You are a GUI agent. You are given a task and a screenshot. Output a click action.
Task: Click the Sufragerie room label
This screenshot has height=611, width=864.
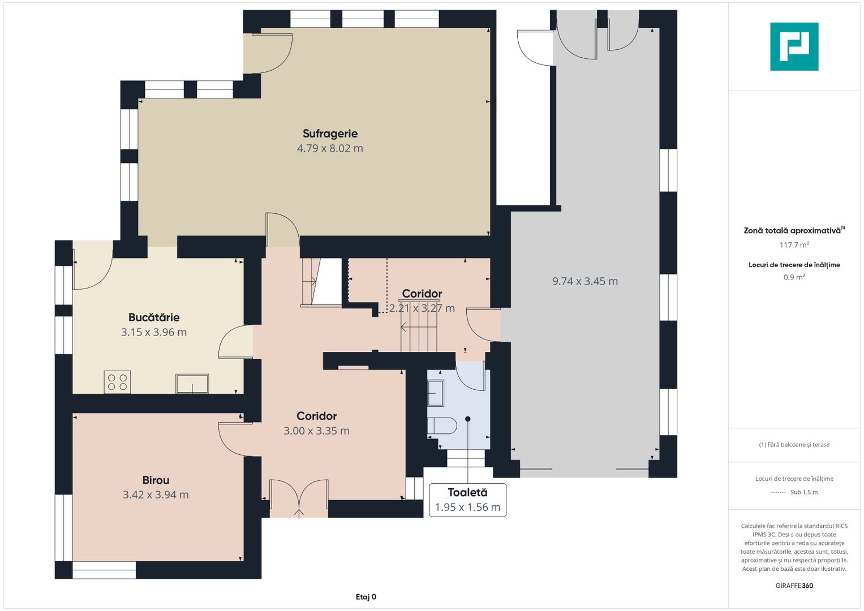click(330, 134)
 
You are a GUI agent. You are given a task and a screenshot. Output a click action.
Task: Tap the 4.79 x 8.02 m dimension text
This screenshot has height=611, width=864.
click(330, 148)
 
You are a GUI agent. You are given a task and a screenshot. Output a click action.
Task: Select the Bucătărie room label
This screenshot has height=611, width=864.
click(154, 317)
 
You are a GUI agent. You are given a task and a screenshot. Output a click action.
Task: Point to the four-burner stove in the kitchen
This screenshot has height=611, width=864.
click(117, 382)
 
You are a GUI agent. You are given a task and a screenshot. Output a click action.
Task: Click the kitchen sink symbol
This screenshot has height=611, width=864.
click(192, 384)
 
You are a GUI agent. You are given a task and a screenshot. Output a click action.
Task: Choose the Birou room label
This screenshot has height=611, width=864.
click(156, 480)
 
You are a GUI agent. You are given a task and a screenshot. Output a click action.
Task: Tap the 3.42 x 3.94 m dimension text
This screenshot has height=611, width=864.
click(156, 494)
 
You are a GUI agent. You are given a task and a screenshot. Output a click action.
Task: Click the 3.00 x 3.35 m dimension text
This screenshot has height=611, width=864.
click(317, 431)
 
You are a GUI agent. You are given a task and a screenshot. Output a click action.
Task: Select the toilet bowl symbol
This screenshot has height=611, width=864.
click(442, 425)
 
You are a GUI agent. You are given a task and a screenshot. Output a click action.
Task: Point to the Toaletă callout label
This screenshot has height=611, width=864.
click(467, 500)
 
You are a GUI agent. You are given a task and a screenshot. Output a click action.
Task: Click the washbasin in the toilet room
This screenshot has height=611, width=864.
click(436, 393)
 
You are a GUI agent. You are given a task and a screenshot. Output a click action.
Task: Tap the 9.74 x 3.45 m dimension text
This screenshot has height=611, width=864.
click(584, 281)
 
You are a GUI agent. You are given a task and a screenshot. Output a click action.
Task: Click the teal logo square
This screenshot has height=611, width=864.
click(794, 46)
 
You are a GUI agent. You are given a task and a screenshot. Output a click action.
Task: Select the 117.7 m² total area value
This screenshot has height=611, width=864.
click(794, 244)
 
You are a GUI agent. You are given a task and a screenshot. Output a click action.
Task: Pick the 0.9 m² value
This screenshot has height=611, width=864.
click(794, 277)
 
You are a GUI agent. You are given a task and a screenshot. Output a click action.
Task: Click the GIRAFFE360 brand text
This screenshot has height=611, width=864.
click(794, 586)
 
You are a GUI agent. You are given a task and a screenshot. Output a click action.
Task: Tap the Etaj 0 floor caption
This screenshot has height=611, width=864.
click(366, 597)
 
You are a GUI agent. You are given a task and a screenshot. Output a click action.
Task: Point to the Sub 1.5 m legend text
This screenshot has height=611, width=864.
click(804, 492)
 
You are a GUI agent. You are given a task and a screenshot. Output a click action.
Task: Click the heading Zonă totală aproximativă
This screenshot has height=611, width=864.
click(792, 231)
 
